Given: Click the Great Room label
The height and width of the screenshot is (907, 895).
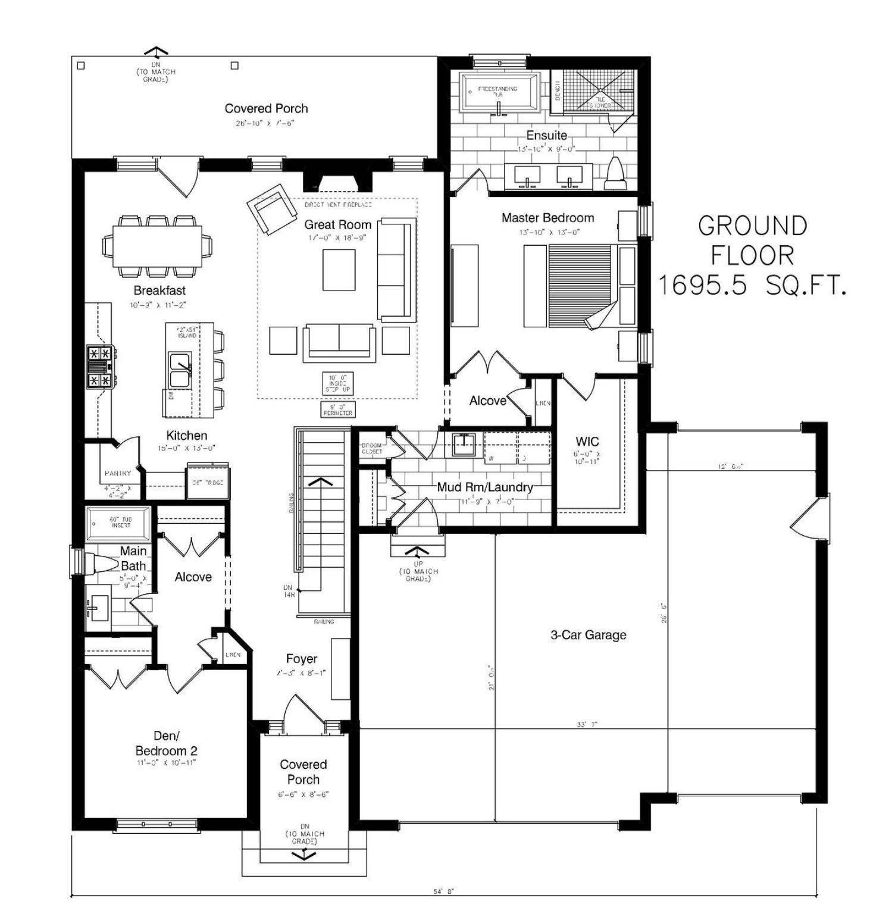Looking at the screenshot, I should click(x=337, y=225).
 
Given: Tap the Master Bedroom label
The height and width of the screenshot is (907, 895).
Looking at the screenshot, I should click(x=547, y=218).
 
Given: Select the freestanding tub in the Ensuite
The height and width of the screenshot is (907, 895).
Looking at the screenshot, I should click(x=500, y=92).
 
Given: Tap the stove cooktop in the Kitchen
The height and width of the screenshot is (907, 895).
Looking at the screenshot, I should click(x=99, y=367).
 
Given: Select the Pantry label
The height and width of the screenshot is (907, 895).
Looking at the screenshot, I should click(x=118, y=473).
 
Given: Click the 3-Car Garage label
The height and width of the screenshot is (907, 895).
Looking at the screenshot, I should click(x=588, y=635).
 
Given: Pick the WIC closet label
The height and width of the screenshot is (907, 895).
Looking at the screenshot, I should click(x=587, y=442).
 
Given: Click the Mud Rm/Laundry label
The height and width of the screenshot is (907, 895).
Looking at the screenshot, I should click(x=484, y=487).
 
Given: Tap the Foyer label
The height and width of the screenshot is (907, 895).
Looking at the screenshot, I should click(x=301, y=659).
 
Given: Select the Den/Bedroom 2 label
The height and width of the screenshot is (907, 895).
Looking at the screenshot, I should click(x=166, y=744).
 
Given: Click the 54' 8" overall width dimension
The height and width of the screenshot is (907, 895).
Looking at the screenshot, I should click(x=443, y=892).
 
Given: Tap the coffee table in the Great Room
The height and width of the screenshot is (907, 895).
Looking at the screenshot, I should click(x=339, y=270).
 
